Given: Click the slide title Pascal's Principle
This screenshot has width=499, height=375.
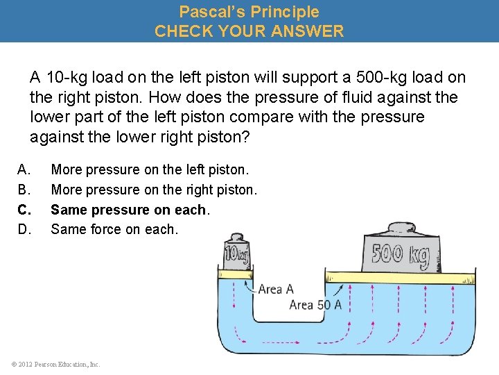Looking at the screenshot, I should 249,12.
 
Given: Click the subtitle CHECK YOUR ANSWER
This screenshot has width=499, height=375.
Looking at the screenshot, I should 249,31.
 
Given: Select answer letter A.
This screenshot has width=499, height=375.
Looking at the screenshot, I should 24,169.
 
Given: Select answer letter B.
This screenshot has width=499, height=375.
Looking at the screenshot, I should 24,190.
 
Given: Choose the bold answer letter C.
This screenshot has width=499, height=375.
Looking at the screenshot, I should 24,210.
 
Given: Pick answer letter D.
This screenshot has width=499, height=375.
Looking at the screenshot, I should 24,229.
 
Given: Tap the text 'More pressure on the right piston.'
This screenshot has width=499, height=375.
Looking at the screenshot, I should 154,190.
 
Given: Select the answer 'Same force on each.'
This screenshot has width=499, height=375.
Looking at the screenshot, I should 114,229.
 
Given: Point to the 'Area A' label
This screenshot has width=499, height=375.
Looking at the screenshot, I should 276,289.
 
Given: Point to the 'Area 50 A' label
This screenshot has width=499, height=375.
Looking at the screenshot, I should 315,305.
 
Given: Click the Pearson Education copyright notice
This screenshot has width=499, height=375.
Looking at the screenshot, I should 55,364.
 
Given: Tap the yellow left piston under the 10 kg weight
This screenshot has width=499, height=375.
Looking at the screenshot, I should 236,275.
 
